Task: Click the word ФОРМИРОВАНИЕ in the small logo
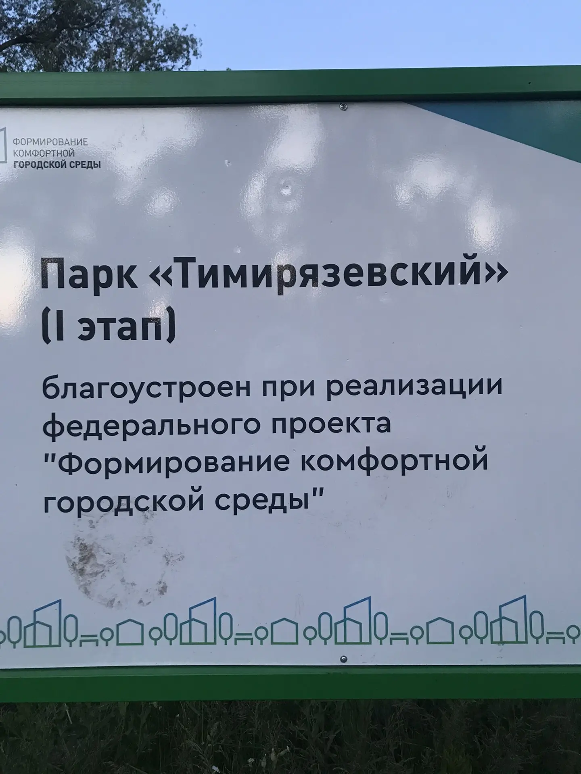point(50,142)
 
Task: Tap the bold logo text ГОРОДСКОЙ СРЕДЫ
point(57,164)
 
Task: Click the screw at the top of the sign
point(343,106)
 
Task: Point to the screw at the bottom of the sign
point(343,659)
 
